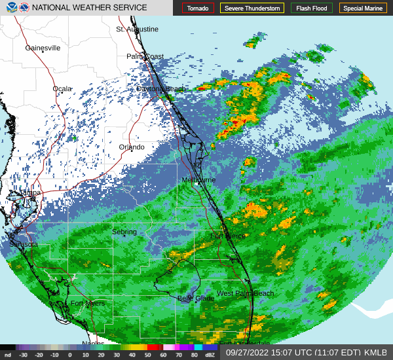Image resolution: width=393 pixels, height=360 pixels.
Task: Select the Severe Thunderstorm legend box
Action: [252, 9]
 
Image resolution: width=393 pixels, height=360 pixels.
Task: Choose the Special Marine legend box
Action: [362, 9]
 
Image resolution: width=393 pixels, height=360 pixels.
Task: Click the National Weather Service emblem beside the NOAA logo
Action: [24, 8]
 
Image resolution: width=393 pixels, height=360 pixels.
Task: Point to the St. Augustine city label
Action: [138, 29]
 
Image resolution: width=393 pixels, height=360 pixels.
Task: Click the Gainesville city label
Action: [43, 48]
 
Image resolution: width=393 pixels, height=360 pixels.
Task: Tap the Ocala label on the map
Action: [62, 88]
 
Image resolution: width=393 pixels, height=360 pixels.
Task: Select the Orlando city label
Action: [131, 147]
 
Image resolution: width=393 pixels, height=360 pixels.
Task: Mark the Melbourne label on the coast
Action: [199, 179]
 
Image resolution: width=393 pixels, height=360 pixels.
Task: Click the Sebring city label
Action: [124, 232]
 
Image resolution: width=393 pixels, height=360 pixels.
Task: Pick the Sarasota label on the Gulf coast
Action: [24, 244]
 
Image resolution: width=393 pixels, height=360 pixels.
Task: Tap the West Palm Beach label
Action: [245, 293]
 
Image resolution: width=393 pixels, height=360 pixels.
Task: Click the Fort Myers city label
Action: [88, 304]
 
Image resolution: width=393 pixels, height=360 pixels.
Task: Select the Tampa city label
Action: [30, 193]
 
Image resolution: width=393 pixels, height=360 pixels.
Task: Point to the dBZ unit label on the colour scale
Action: [210, 355]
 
